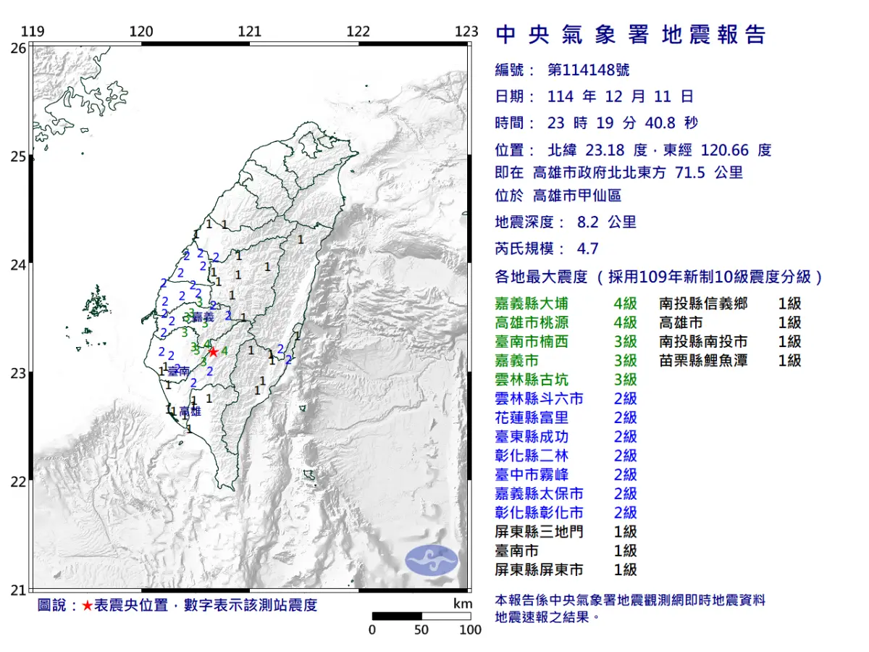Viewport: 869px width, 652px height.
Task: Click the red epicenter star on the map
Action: point(213,351)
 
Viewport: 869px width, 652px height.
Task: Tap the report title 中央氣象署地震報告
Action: point(630,34)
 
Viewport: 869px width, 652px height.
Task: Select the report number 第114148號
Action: point(588,70)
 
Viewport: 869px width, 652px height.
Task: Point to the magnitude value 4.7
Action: point(587,248)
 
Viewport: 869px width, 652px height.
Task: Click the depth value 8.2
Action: point(576,222)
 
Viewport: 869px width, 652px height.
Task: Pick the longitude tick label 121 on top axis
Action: point(250,31)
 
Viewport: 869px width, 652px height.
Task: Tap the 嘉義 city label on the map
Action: point(204,317)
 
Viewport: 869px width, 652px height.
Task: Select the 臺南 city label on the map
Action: point(179,371)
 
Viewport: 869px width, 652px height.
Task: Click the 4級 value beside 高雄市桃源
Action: point(625,322)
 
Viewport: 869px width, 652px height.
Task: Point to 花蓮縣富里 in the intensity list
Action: point(532,417)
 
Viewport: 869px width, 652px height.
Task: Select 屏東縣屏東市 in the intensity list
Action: point(539,569)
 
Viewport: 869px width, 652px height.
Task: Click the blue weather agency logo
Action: point(432,559)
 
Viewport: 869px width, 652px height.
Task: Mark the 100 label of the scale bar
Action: point(470,630)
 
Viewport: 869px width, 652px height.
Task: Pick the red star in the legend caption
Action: point(87,605)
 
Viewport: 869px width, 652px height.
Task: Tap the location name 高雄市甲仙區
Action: point(576,195)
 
